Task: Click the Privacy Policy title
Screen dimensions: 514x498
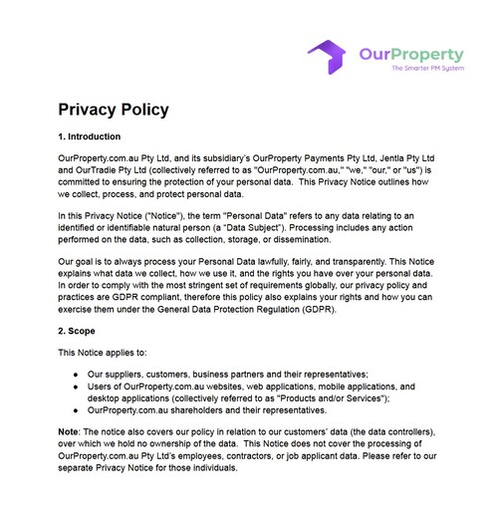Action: point(113,110)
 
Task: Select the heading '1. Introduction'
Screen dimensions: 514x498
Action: point(89,136)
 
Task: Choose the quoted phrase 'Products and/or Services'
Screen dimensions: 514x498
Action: point(322,396)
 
